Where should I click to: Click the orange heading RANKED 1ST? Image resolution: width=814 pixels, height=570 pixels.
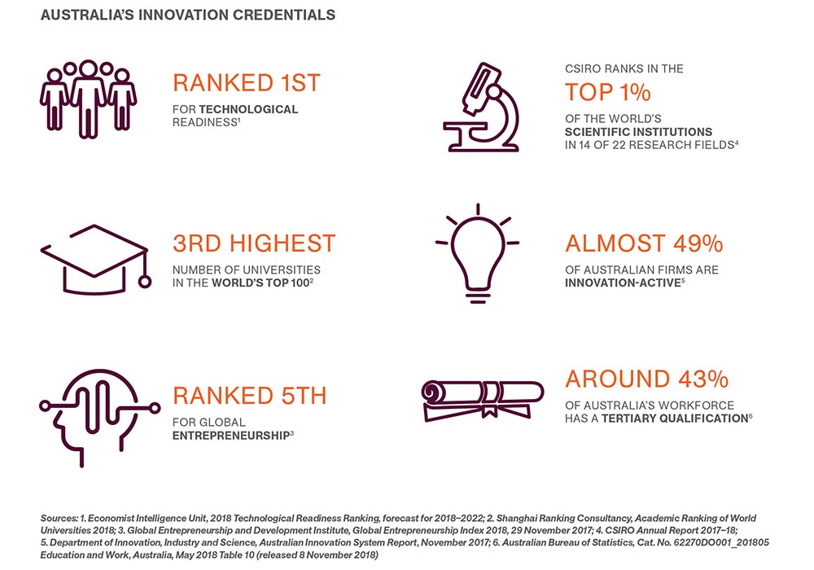[x=247, y=83]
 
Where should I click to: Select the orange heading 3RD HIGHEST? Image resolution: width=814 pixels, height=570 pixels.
[x=254, y=243]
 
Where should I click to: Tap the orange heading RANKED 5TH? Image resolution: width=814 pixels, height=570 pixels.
[x=250, y=396]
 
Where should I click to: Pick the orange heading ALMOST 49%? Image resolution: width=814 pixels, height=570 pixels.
[x=644, y=243]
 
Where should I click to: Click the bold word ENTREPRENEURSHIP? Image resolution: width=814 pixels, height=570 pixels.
[x=230, y=436]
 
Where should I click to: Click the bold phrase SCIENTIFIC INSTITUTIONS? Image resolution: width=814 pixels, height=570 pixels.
[x=638, y=132]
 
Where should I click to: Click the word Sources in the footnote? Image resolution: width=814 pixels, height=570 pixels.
[x=59, y=518]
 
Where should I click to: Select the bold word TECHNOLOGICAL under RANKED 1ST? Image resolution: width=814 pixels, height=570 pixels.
[x=245, y=109]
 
